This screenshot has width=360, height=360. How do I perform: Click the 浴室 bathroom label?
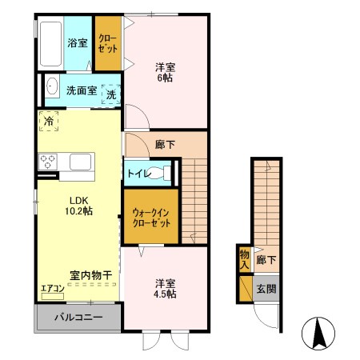(x=77, y=43)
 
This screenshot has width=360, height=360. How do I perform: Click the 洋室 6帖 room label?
(x=165, y=72)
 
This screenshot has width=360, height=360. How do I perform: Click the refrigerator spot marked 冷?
(x=49, y=122)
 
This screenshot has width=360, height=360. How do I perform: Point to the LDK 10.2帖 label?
(x=79, y=205)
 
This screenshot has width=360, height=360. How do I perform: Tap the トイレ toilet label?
(x=137, y=172)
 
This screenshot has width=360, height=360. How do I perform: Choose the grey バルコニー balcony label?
(x=78, y=317)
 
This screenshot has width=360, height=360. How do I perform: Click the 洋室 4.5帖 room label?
(x=166, y=288)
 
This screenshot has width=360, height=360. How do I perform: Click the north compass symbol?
(x=318, y=333)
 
